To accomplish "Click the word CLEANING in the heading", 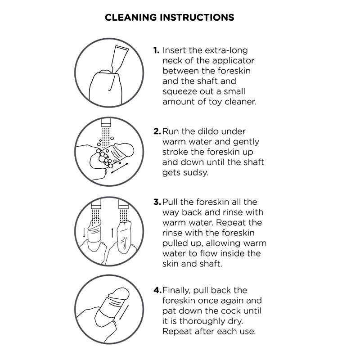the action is click(x=130, y=18).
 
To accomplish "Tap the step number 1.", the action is click(x=156, y=50).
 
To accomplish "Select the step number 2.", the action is click(x=157, y=131).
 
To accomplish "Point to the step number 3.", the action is click(x=157, y=202).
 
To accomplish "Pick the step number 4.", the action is click(x=157, y=290).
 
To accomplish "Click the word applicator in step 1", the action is click(x=233, y=61).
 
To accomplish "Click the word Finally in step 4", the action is click(x=176, y=291).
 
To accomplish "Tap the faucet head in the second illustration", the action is click(x=106, y=122).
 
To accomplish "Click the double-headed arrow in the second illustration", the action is click(x=120, y=168).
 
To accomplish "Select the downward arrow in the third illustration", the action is click(x=84, y=233).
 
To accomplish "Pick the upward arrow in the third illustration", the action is click(x=112, y=233).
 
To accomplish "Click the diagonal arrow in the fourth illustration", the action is click(x=123, y=313).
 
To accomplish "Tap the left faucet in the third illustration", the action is click(x=96, y=203).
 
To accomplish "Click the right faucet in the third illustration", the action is click(x=123, y=204).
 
